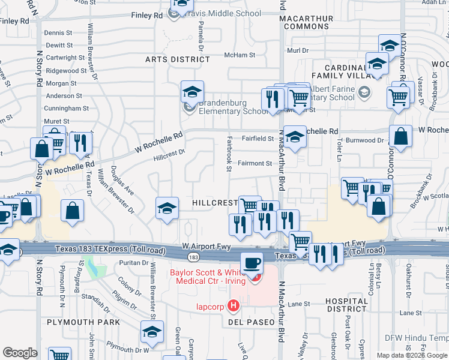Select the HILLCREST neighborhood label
click(x=215, y=203)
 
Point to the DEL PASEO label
click(x=252, y=322)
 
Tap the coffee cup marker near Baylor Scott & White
click(x=251, y=262)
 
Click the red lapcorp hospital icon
click(x=234, y=306)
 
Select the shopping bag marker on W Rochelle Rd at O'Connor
click(x=400, y=136)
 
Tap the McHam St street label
click(x=240, y=55)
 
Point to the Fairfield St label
click(x=258, y=139)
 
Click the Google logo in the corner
click(x=20, y=353)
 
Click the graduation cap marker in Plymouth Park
click(x=152, y=331)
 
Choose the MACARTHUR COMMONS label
click(x=306, y=23)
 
